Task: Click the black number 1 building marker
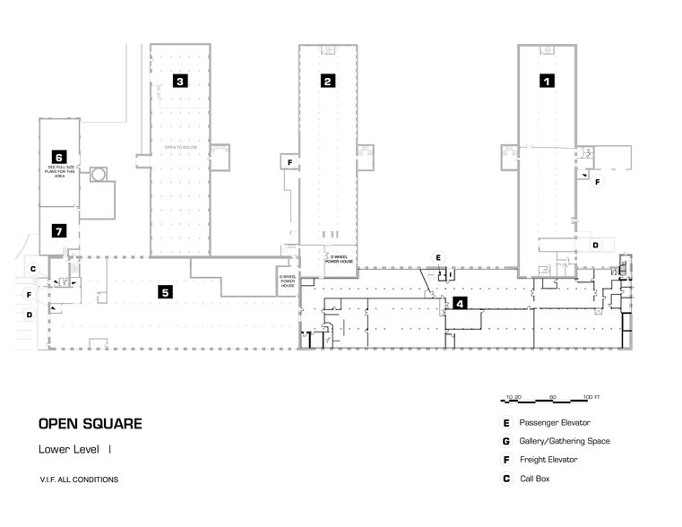[x=546, y=80]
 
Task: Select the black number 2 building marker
[x=328, y=81]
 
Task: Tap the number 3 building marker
[x=180, y=81]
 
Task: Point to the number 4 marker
[x=460, y=303]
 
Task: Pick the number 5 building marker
[x=164, y=290]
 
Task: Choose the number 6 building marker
[x=59, y=157]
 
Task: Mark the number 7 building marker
[x=59, y=231]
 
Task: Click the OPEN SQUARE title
[x=90, y=424]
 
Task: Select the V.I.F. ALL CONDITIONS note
[x=78, y=479]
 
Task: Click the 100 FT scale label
[x=591, y=396]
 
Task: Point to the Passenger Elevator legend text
[x=555, y=422]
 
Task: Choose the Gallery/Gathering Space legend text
[x=565, y=441]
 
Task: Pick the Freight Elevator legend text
[x=548, y=460]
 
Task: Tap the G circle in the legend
[x=506, y=441]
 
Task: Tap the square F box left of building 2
[x=289, y=162]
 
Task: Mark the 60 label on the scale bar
[x=553, y=396]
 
